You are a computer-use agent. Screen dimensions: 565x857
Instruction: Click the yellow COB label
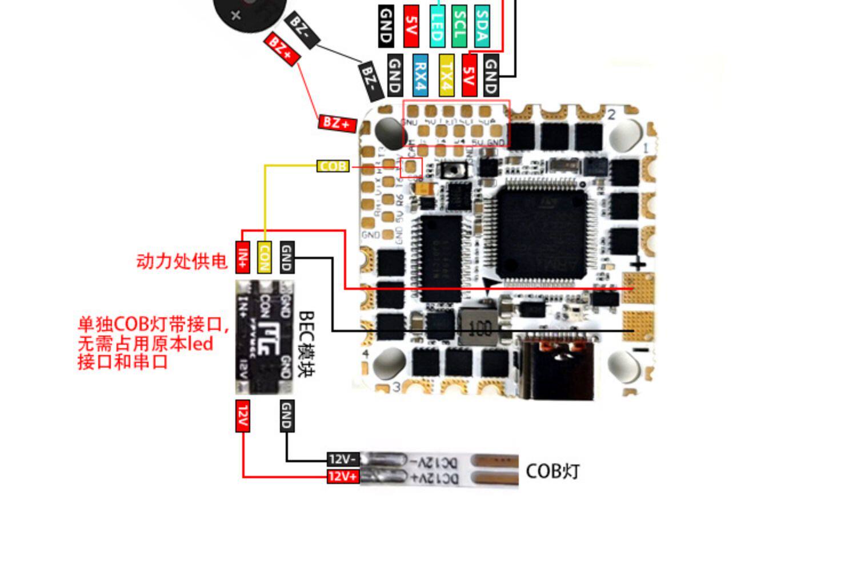[333, 166]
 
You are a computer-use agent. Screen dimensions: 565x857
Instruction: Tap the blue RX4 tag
[420, 75]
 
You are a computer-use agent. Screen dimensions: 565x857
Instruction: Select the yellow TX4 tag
[447, 75]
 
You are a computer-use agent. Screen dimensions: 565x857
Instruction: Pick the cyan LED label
[437, 26]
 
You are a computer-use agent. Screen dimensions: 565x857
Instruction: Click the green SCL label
[459, 26]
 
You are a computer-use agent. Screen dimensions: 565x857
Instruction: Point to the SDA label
[482, 26]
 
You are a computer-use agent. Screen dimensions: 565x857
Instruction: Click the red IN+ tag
[243, 257]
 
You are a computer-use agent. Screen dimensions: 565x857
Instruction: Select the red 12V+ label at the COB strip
[343, 476]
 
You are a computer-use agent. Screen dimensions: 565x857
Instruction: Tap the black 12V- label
[343, 459]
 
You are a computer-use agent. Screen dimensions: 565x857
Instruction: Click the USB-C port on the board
[557, 368]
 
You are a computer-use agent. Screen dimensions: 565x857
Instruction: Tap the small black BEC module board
[265, 337]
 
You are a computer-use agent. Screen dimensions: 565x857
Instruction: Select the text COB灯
[552, 471]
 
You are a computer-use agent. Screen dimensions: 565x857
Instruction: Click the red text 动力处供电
[182, 261]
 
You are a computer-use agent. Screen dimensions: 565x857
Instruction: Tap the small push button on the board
[454, 169]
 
